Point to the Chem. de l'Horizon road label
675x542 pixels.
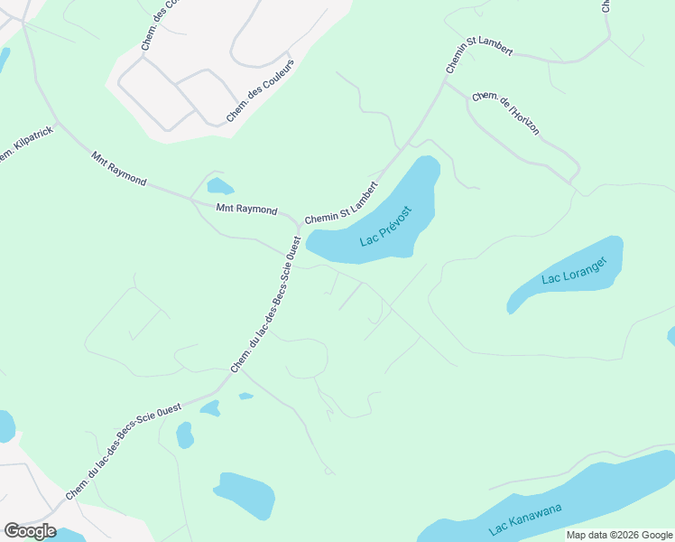506,113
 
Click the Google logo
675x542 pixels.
30,531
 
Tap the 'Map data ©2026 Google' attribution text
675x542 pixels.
618,535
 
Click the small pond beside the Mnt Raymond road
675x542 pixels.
219,187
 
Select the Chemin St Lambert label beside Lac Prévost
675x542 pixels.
341,202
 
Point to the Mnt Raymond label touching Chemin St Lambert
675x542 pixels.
246,209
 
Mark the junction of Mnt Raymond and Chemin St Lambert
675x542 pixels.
299,224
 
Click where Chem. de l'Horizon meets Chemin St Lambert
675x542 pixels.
445,82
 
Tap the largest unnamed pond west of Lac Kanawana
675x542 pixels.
245,495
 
